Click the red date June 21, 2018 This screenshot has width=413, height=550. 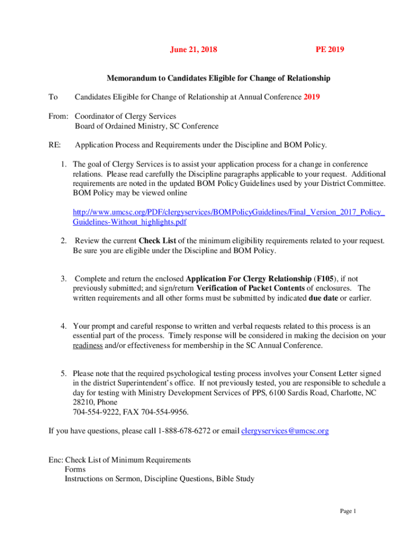pyautogui.click(x=194, y=50)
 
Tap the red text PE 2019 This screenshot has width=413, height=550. pyautogui.click(x=329, y=50)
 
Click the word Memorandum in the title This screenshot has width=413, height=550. pyautogui.click(x=130, y=78)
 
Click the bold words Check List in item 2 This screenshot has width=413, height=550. pyautogui.click(x=157, y=240)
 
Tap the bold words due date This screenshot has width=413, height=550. pyautogui.click(x=323, y=298)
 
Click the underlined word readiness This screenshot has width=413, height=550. pyautogui.click(x=88, y=345)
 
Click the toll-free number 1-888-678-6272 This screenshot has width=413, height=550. pyautogui.click(x=184, y=431)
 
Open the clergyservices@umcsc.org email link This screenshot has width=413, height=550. pyautogui.click(x=285, y=431)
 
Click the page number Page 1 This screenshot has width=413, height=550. pyautogui.click(x=348, y=511)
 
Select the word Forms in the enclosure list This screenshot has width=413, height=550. pyautogui.click(x=75, y=469)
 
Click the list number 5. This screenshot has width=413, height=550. pyautogui.click(x=63, y=373)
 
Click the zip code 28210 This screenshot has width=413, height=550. pyautogui.click(x=83, y=402)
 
